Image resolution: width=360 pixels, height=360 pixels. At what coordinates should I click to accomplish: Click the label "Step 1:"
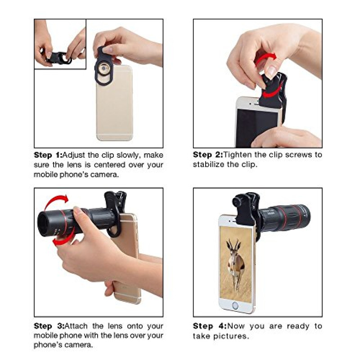pos(48,155)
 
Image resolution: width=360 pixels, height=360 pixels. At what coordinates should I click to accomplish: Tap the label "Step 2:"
pos(207,154)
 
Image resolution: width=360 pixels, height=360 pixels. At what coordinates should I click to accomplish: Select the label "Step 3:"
pos(49,326)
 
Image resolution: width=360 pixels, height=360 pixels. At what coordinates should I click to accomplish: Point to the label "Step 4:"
pos(210,326)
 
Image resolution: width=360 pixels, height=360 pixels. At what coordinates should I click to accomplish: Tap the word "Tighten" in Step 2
pos(238,154)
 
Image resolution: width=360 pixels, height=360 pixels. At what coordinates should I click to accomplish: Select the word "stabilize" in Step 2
pos(208,164)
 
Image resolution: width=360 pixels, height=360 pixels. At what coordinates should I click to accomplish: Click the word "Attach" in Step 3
pos(76,326)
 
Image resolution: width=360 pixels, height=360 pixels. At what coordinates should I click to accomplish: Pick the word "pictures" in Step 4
pos(231,336)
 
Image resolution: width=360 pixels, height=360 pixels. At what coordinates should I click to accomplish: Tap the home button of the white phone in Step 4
pos(235,305)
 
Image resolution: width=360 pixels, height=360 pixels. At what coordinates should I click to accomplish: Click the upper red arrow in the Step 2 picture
pos(265,58)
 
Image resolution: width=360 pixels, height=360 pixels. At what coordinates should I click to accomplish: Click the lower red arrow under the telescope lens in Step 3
pos(63,239)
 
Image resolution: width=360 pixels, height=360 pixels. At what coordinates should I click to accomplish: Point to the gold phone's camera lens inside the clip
pos(104,69)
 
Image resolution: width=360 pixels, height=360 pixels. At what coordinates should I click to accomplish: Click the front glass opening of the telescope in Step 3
pos(44,223)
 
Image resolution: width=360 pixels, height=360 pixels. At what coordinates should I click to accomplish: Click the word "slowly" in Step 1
pos(128,155)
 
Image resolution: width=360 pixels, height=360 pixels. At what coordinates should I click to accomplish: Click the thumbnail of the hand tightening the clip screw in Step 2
pos(257,83)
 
